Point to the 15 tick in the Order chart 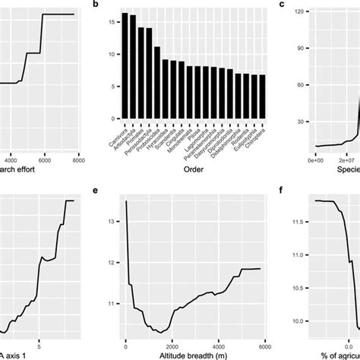click(112, 23)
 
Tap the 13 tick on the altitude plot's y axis click(111, 221)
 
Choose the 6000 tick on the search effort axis click(44, 159)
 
